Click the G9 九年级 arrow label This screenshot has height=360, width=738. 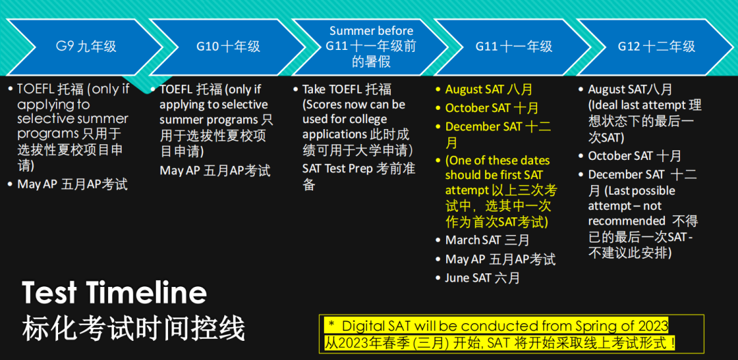click(85, 46)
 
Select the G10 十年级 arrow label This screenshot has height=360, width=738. click(228, 46)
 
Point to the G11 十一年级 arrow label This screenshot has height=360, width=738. click(514, 46)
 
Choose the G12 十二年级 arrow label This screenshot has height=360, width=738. click(657, 46)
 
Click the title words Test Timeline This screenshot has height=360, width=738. click(114, 292)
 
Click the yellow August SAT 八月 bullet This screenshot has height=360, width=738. click(489, 89)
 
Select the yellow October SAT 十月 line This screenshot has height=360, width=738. click(492, 108)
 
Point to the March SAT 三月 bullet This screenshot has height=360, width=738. click(487, 240)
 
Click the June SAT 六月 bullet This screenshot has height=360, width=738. click(482, 278)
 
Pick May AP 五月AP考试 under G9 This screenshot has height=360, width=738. click(72, 184)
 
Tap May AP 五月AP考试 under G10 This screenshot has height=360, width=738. click(215, 170)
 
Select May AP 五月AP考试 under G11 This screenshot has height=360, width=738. click(500, 260)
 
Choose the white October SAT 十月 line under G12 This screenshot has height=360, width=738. click(634, 156)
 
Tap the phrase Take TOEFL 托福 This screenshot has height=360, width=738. click(347, 89)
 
